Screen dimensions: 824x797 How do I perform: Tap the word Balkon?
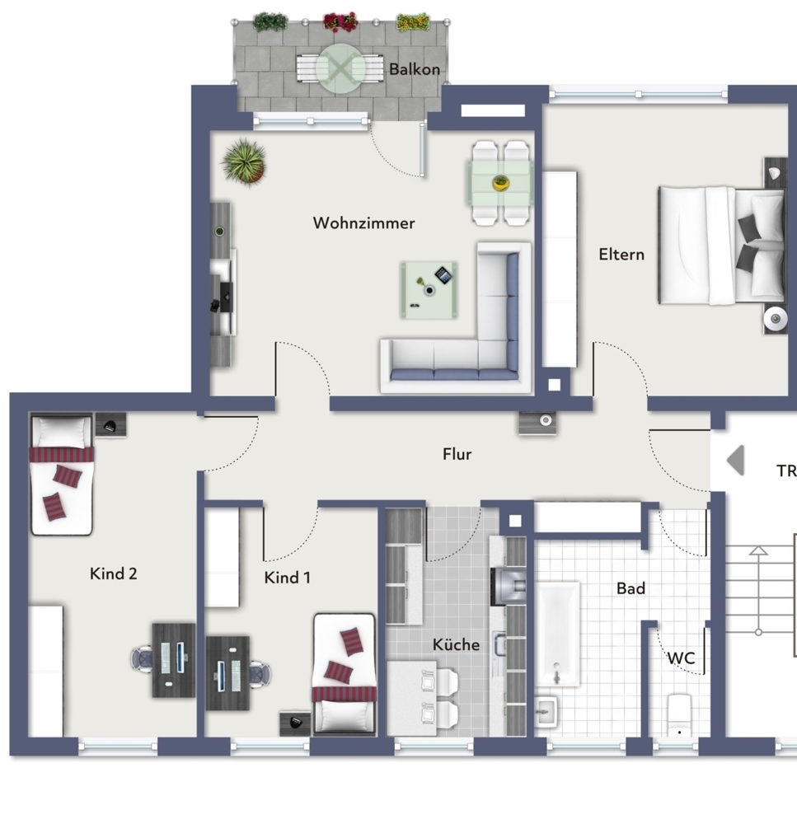415,69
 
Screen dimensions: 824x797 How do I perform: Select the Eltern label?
621,255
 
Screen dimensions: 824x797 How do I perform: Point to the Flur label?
457,454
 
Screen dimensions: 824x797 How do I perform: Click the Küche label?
456,644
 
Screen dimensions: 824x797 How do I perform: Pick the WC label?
681,658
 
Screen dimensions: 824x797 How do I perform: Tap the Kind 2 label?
114,574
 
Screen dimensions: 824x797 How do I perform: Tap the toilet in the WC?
678,715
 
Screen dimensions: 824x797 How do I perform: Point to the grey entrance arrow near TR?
735,461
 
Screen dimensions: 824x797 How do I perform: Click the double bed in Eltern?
720,245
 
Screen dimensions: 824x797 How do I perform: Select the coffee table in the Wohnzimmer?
429,289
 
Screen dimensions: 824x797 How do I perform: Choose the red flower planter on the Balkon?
340,21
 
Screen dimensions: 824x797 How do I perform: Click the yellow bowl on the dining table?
501,183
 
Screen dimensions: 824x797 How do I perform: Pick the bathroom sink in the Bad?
546,711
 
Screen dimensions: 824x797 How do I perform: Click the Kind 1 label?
288,578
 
